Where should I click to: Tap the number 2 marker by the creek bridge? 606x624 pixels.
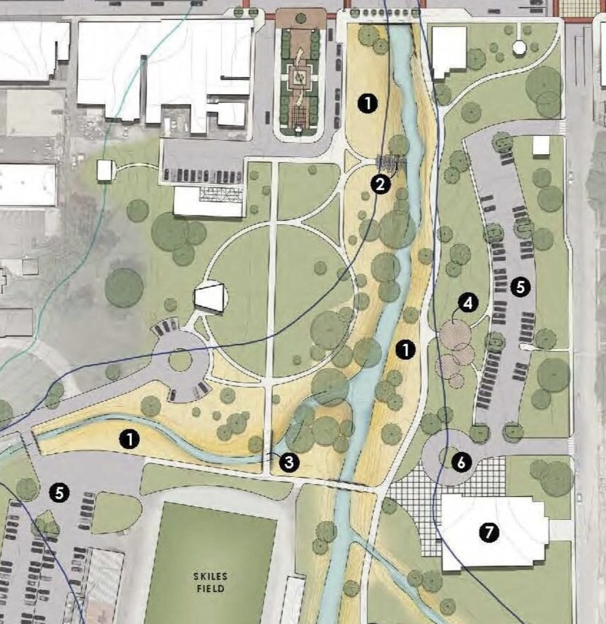coord(380,185)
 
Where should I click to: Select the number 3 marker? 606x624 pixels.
coord(289,462)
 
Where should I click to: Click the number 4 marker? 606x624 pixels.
coord(468,303)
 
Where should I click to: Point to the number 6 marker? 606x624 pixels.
coord(461,463)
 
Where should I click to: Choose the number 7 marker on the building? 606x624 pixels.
coord(489,532)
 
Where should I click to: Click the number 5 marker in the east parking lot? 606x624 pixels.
coord(521,286)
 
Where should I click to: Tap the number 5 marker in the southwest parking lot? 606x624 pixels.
coord(59,492)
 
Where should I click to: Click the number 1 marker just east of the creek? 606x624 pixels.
coord(405,350)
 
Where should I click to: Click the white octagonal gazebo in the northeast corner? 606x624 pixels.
coord(519,47)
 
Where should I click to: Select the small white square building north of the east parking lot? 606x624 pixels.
coord(541,145)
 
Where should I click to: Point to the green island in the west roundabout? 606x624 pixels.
coord(180,360)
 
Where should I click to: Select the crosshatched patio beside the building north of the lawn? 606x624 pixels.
coord(220,193)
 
